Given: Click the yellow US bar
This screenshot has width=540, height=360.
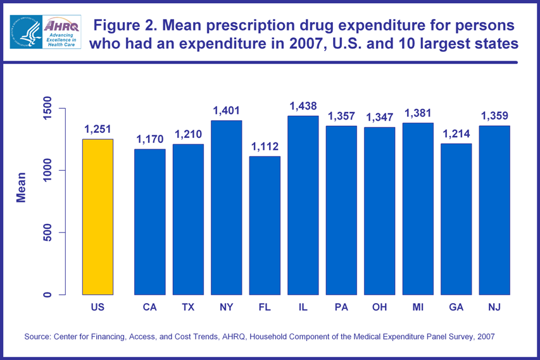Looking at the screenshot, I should point(97,217).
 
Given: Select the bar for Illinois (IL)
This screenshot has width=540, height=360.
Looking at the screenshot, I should point(303,205).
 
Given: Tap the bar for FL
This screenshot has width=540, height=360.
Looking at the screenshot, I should point(265,225).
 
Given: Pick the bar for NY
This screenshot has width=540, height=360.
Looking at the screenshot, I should point(227,208).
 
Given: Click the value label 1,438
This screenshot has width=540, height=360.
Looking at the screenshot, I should point(303,106).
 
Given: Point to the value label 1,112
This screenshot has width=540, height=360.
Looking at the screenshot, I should point(265,147).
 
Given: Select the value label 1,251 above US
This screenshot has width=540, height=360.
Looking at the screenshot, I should point(97,130).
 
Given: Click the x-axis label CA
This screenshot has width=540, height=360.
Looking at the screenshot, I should point(149,308).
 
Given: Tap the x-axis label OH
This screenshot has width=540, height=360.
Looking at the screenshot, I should point(380,308).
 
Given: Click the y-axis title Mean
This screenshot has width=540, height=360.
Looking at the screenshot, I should point(21,187).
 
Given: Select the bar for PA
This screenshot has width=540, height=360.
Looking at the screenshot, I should point(342,210).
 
